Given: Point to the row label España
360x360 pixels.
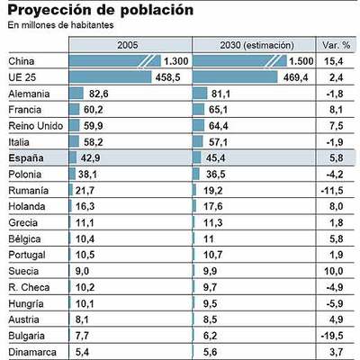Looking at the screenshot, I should [x=26, y=157].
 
